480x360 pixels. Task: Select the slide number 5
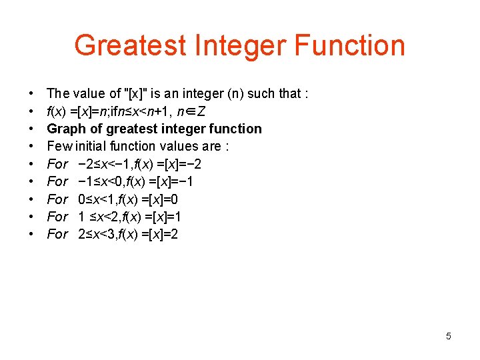click(448, 336)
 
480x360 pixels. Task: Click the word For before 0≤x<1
click(58, 199)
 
